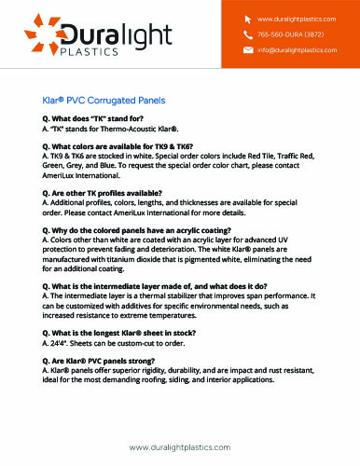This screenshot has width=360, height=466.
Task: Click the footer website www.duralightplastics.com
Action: [x=179, y=448]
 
